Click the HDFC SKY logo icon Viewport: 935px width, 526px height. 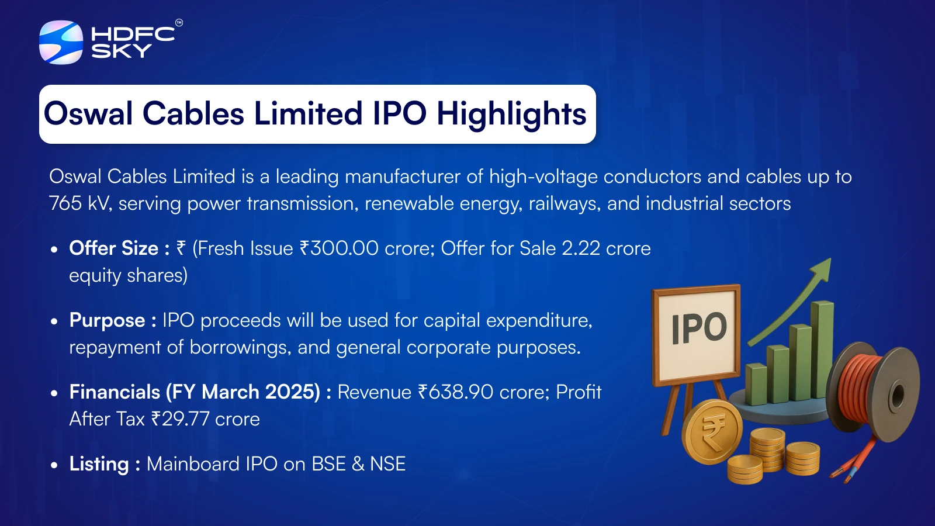click(x=61, y=42)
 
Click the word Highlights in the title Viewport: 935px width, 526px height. click(x=511, y=114)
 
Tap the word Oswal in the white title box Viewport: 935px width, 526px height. click(x=88, y=113)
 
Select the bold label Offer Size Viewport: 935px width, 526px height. click(x=113, y=248)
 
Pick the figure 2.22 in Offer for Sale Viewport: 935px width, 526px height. click(x=580, y=248)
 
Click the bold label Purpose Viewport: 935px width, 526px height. click(x=107, y=320)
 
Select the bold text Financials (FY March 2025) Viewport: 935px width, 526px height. click(x=195, y=392)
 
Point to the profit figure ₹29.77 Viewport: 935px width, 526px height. click(x=180, y=419)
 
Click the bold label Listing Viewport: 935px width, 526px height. click(x=99, y=464)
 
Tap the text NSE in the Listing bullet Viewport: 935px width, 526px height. click(x=387, y=464)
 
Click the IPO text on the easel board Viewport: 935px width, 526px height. click(x=699, y=328)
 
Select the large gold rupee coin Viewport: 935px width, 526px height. click(x=712, y=432)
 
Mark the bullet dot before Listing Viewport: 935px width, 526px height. click(x=54, y=466)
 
